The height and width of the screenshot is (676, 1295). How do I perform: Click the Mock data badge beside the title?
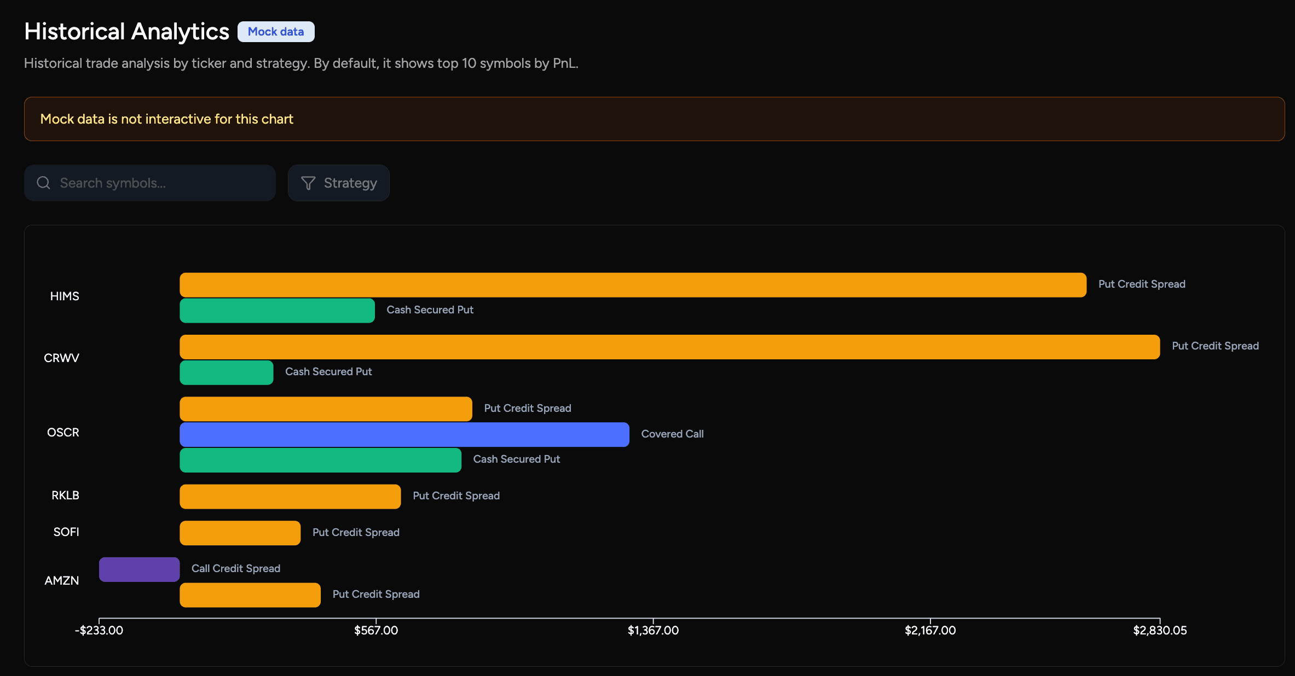click(x=276, y=32)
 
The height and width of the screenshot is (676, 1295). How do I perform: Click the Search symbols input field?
click(x=159, y=183)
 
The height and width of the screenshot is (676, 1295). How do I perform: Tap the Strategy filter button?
click(x=339, y=183)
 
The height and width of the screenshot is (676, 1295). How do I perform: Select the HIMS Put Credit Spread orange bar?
click(x=633, y=285)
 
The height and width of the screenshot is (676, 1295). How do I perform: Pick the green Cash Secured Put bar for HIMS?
click(x=277, y=310)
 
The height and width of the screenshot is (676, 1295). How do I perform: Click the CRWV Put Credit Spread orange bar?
click(x=669, y=347)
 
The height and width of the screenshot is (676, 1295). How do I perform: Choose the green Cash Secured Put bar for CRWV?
click(x=226, y=372)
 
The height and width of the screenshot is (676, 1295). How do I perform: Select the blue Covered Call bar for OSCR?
click(x=404, y=434)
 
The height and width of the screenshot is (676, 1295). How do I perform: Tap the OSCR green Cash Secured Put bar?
click(x=320, y=460)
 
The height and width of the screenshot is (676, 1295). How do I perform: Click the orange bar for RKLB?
click(x=290, y=497)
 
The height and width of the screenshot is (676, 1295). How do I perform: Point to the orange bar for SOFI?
click(x=240, y=533)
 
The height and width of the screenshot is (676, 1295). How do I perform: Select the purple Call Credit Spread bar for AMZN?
click(x=139, y=569)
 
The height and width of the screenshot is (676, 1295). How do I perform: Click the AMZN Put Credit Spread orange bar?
click(x=250, y=595)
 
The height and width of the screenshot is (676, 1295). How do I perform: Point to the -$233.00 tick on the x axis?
click(x=99, y=630)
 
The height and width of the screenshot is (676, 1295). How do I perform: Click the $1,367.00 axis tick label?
click(x=653, y=630)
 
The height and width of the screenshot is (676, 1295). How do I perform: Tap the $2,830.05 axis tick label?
click(x=1160, y=630)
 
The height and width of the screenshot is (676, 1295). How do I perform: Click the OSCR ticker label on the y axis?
click(x=63, y=433)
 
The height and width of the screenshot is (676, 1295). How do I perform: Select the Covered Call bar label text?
click(x=672, y=434)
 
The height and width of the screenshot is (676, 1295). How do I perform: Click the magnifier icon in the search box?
click(x=44, y=183)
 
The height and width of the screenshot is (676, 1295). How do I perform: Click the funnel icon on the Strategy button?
click(x=308, y=183)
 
